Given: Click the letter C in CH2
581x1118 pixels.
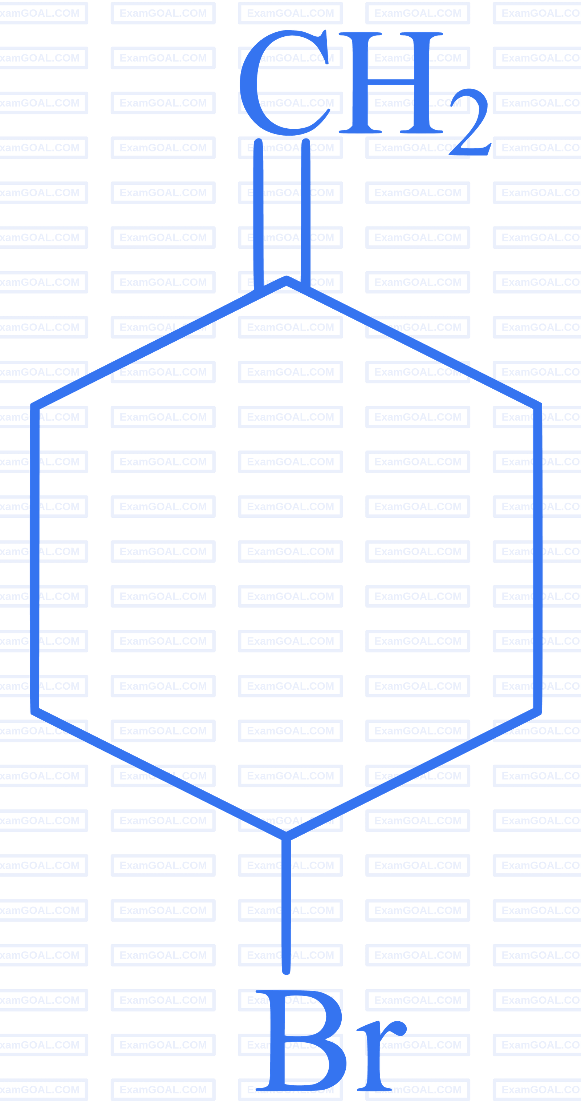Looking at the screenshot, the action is (x=284, y=83).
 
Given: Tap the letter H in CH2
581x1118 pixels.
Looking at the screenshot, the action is (x=391, y=83).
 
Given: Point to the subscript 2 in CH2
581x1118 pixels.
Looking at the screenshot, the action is (x=470, y=122).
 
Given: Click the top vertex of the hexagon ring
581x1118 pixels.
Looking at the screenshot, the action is (x=286, y=280).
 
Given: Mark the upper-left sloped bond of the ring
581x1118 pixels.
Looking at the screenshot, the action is (x=158, y=343).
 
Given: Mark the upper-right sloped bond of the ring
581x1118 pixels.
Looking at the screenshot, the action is (x=414, y=343).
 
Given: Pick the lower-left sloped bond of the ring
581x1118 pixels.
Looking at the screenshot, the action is (x=158, y=774).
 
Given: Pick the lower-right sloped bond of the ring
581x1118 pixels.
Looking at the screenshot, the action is (x=414, y=774).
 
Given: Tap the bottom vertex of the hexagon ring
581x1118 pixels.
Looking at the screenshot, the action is (x=286, y=836).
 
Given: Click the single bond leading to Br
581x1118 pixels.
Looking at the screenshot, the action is (x=286, y=905).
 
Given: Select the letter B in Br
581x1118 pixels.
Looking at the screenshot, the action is (x=301, y=1040).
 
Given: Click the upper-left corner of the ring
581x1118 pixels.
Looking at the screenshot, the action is (x=35, y=406).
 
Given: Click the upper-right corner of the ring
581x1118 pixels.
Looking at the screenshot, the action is (x=538, y=406).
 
